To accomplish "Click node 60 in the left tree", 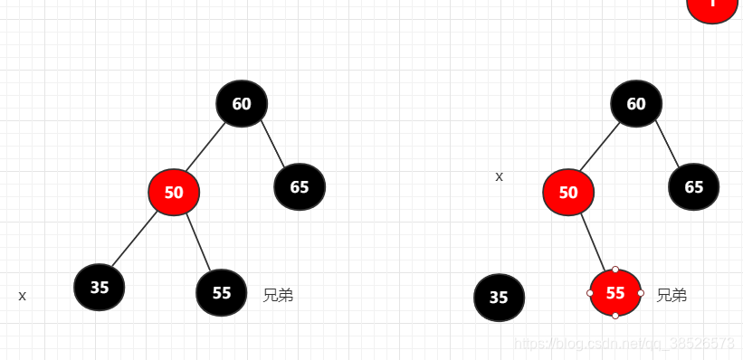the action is click(242, 103).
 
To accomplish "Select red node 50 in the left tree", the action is click(174, 192).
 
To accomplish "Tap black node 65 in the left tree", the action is click(300, 187).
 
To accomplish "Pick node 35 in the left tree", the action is click(100, 287).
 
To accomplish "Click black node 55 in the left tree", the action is click(222, 292).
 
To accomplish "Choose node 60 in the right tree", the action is click(636, 103).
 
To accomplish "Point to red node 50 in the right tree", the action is click(568, 192).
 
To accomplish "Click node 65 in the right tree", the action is click(694, 187).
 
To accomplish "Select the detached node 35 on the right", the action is click(499, 298).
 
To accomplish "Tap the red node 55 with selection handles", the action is click(615, 292).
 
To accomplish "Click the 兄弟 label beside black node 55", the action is click(278, 295).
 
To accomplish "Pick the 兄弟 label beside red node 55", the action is click(672, 295).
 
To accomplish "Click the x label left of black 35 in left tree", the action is click(23, 296).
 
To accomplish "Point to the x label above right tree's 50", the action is click(499, 176).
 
